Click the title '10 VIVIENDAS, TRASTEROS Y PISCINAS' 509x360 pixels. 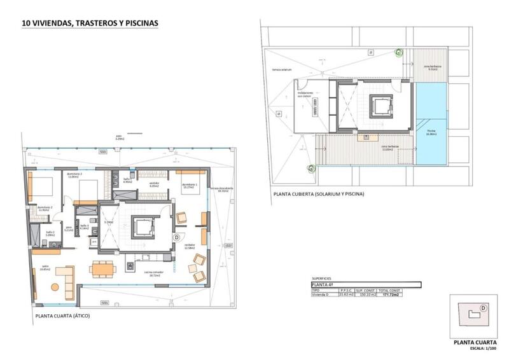(90, 23)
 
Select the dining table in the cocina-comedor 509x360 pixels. (102, 269)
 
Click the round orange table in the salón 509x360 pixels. (55, 287)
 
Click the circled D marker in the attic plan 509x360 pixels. (176, 237)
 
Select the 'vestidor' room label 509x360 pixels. (154, 184)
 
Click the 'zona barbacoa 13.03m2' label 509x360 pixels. (390, 147)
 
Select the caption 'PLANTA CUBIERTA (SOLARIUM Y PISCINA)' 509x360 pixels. (318, 193)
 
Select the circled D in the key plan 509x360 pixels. (484, 308)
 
